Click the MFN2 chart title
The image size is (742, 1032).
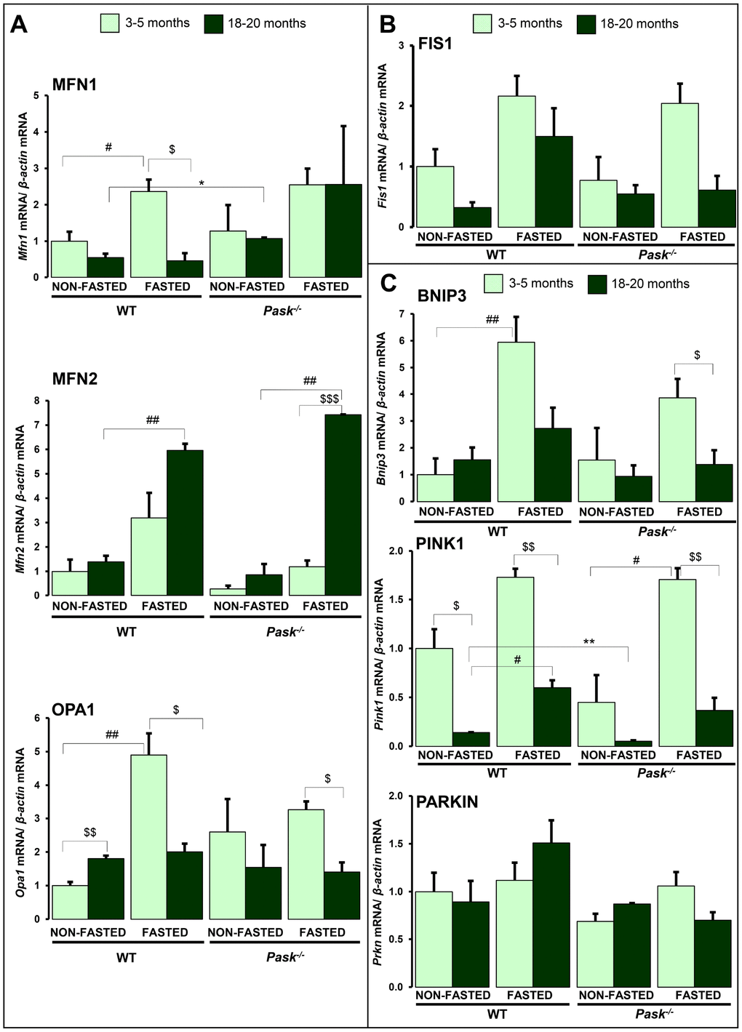[74, 379]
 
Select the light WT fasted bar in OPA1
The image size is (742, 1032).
[148, 836]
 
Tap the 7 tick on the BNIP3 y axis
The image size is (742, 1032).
[402, 314]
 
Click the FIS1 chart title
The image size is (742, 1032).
[435, 44]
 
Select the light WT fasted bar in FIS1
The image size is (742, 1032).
[517, 161]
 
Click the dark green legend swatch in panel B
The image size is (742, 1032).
[586, 24]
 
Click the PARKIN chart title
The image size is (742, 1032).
[447, 802]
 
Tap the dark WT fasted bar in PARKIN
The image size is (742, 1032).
[551, 914]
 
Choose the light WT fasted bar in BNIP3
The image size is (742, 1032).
[516, 422]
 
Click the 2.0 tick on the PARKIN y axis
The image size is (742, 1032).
[396, 796]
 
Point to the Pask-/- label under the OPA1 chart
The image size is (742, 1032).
[284, 957]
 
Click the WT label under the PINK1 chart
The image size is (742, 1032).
[497, 772]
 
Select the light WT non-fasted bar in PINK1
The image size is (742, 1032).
[434, 697]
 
